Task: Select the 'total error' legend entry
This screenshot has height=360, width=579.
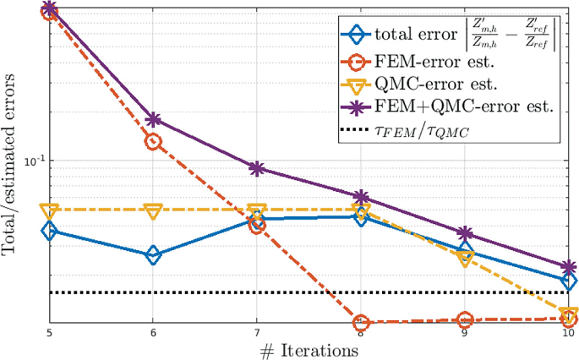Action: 449,36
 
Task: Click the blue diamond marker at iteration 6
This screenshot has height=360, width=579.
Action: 153,255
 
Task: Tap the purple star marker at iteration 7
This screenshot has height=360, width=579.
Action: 257,168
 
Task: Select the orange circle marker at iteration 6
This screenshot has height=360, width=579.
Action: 153,142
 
